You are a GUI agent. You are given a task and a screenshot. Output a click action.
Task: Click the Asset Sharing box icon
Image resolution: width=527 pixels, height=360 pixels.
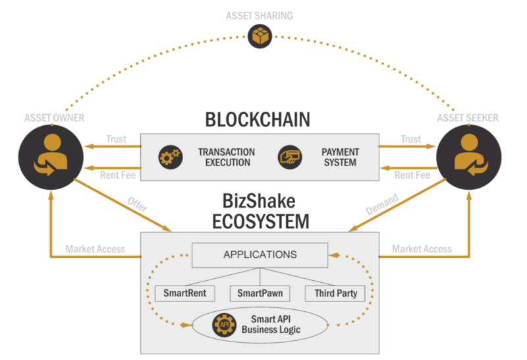260,36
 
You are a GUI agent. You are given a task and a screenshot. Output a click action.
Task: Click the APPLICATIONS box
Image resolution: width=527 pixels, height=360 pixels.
260,255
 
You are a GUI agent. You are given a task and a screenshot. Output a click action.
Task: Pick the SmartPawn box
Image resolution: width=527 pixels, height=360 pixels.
260,293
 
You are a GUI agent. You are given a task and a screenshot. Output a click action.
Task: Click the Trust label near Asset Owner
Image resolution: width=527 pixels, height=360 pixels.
116,139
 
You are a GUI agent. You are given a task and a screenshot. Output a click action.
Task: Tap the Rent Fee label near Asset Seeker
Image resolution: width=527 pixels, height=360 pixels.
412,175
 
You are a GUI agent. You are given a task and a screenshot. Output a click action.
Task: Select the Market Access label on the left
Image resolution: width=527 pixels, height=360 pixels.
95,249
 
